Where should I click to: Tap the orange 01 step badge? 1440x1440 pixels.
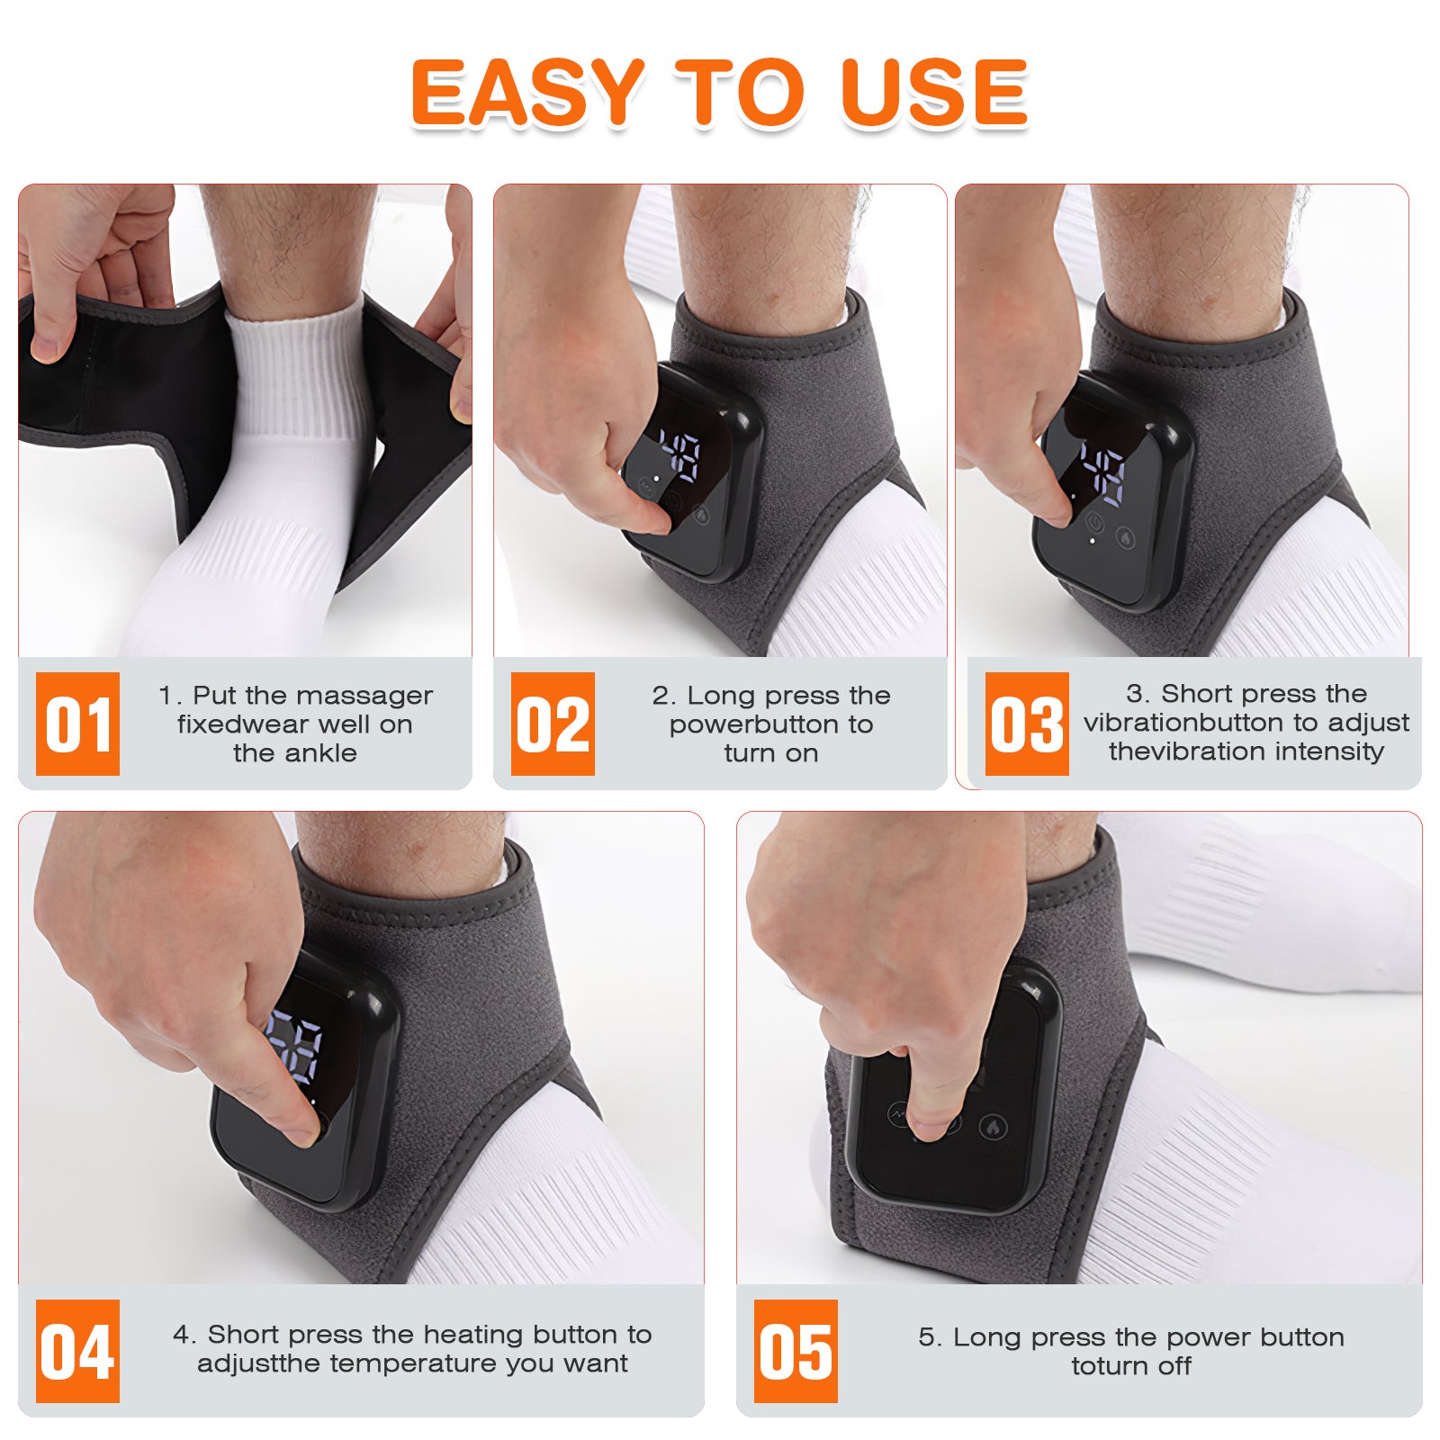click(x=77, y=724)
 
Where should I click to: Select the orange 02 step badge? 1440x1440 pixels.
click(x=553, y=724)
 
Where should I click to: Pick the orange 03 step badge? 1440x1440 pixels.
click(x=1027, y=724)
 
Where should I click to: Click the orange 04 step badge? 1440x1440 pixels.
click(x=77, y=1351)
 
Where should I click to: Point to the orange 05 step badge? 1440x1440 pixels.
click(x=796, y=1351)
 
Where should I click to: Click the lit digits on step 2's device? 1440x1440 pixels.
click(x=680, y=455)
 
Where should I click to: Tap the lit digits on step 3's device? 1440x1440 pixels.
click(x=1103, y=471)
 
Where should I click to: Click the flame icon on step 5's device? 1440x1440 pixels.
click(x=994, y=1126)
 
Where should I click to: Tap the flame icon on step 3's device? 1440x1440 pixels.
click(x=1126, y=537)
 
